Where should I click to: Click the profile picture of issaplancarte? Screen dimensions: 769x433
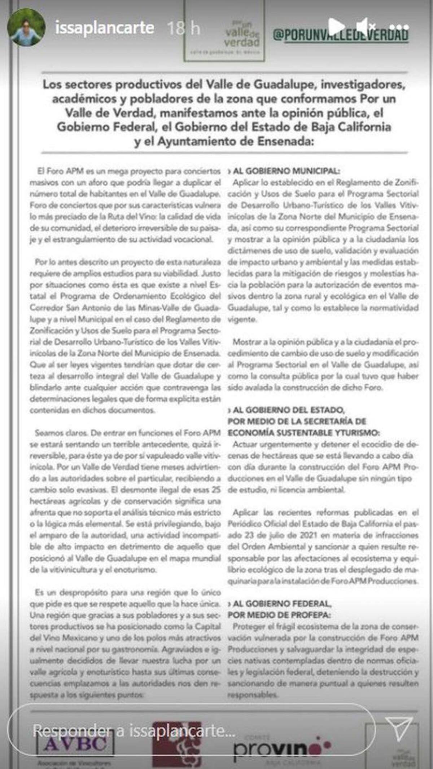pyautogui.click(x=26, y=27)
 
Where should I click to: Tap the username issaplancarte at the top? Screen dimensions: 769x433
pyautogui.click(x=105, y=28)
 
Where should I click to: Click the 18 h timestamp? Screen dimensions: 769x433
pyautogui.click(x=184, y=28)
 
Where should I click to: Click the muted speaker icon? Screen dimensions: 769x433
pyautogui.click(x=365, y=26)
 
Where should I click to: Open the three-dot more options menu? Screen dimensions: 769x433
pyautogui.click(x=399, y=27)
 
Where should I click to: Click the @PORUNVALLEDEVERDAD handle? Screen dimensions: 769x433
pyautogui.click(x=341, y=35)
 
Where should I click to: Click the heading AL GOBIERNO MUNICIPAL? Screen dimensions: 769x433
pyautogui.click(x=286, y=171)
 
